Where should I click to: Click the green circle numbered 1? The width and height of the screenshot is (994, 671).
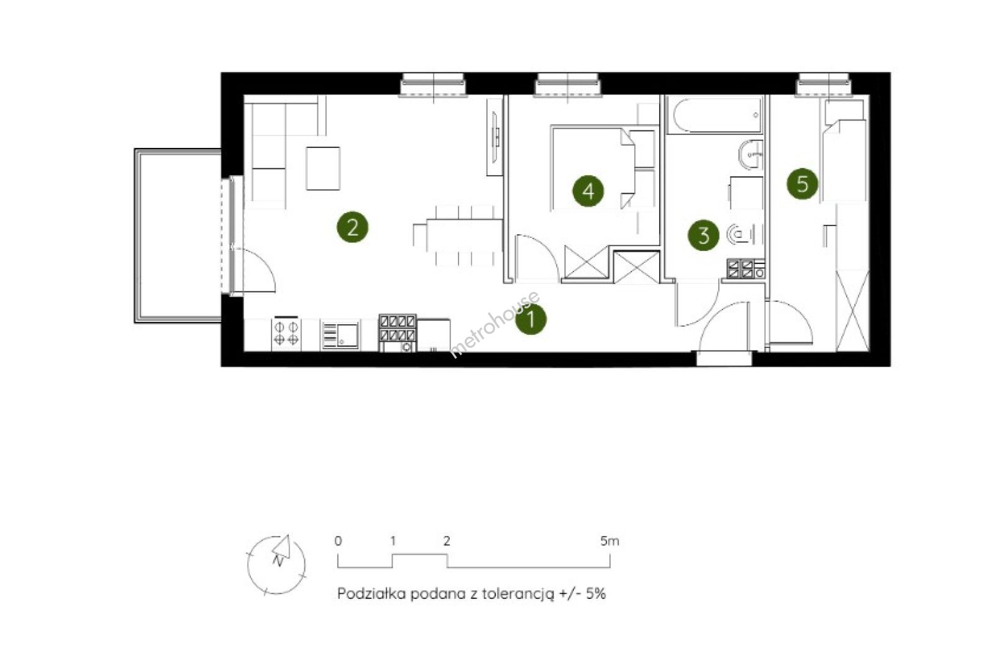(x=531, y=319)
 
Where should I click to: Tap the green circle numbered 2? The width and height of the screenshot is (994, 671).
(x=352, y=227)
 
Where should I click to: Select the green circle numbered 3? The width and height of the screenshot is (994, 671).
(x=703, y=235)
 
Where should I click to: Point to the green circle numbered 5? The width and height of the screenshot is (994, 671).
(x=802, y=183)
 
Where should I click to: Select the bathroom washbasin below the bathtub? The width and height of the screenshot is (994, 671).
(x=751, y=155)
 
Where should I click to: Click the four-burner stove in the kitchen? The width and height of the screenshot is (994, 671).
(x=286, y=333)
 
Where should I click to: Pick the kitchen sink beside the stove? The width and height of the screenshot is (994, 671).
(x=340, y=335)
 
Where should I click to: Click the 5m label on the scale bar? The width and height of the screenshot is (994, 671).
(x=609, y=541)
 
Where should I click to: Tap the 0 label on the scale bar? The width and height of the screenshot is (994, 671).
(x=338, y=541)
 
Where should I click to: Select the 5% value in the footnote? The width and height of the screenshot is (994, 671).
(x=596, y=594)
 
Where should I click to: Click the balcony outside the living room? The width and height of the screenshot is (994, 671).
(x=178, y=235)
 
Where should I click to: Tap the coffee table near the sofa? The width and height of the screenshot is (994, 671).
(x=323, y=168)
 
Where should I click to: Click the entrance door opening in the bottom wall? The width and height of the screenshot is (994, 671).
(x=724, y=358)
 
